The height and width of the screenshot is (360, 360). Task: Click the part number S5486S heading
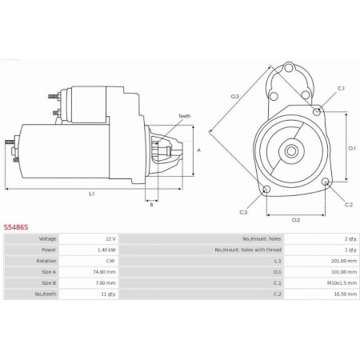[x=16, y=227]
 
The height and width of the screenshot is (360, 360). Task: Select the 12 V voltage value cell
[x=110, y=239]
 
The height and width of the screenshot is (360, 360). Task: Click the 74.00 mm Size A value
[x=106, y=273]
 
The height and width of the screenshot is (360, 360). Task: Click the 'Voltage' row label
[x=47, y=239]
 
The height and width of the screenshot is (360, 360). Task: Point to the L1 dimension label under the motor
[x=91, y=194]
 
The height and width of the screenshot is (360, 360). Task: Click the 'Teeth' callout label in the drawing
[x=184, y=117]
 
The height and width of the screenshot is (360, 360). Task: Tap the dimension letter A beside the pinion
[x=198, y=150]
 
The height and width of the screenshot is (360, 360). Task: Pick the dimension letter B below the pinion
[x=151, y=205]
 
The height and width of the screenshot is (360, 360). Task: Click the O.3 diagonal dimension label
[x=234, y=97]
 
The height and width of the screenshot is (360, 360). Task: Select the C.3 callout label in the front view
[x=243, y=212]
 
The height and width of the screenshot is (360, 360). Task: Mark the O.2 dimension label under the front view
[x=295, y=219]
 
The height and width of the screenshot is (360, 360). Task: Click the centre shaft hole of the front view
[x=294, y=150]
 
